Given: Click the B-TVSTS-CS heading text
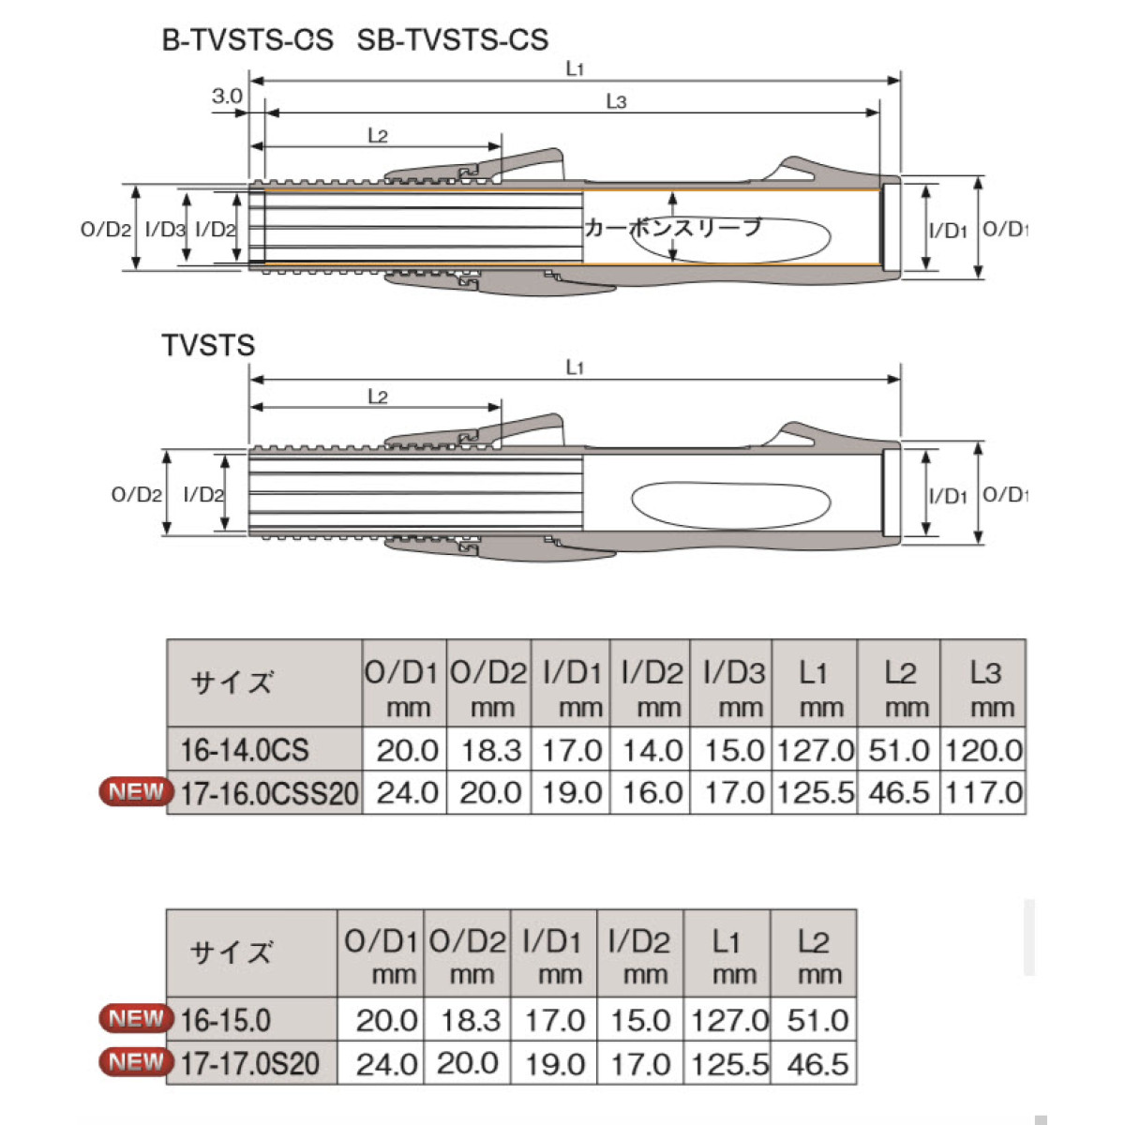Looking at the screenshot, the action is pos(247,40).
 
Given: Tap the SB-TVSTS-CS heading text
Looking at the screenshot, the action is pos(453,40).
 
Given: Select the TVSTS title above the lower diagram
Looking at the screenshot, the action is pos(208,345).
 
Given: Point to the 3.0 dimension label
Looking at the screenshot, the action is pos(227,96).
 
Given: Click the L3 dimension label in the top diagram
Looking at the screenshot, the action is pos(617,101).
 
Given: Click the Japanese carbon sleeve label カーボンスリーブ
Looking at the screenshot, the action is pos(672,227).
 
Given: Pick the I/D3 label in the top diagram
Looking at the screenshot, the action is pos(165,230).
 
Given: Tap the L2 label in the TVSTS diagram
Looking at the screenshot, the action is pos(378,397).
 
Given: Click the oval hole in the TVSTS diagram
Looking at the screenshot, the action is pos(731,505).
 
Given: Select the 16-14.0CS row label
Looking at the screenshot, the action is pos(244,750).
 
